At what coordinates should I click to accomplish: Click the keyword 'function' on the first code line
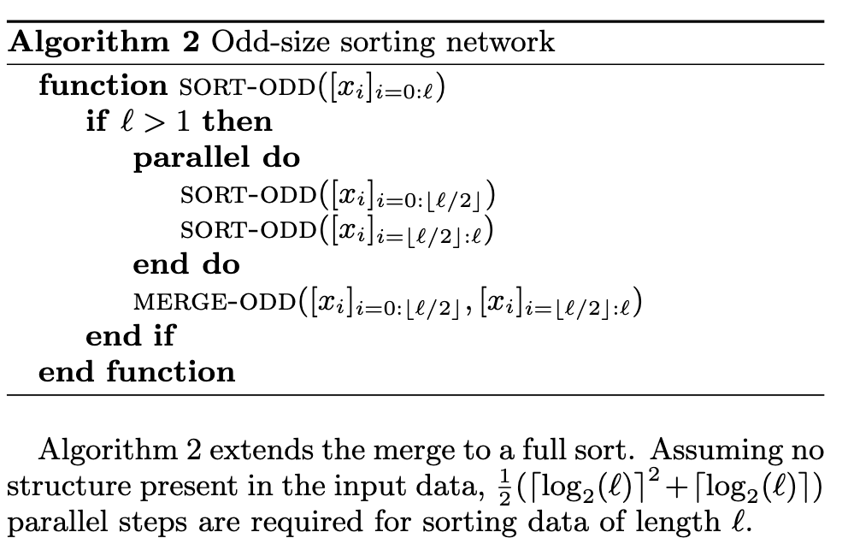103,86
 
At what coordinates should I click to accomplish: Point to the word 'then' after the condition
238,121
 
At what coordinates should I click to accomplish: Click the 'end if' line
130,336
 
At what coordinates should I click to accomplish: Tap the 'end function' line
137,372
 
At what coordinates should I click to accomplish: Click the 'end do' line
186,264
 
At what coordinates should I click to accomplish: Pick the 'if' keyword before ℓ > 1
97,121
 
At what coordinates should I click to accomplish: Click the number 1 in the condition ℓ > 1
183,121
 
